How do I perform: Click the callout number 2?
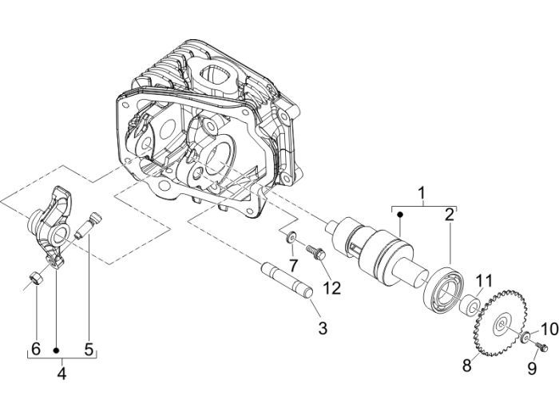pos(450,214)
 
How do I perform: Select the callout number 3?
pos(322,327)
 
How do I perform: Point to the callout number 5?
pos(89,349)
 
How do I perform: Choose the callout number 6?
pos(35,349)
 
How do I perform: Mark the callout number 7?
pos(293,264)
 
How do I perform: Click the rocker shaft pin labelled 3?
pos(287,279)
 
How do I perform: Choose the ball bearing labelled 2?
pos(442,287)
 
